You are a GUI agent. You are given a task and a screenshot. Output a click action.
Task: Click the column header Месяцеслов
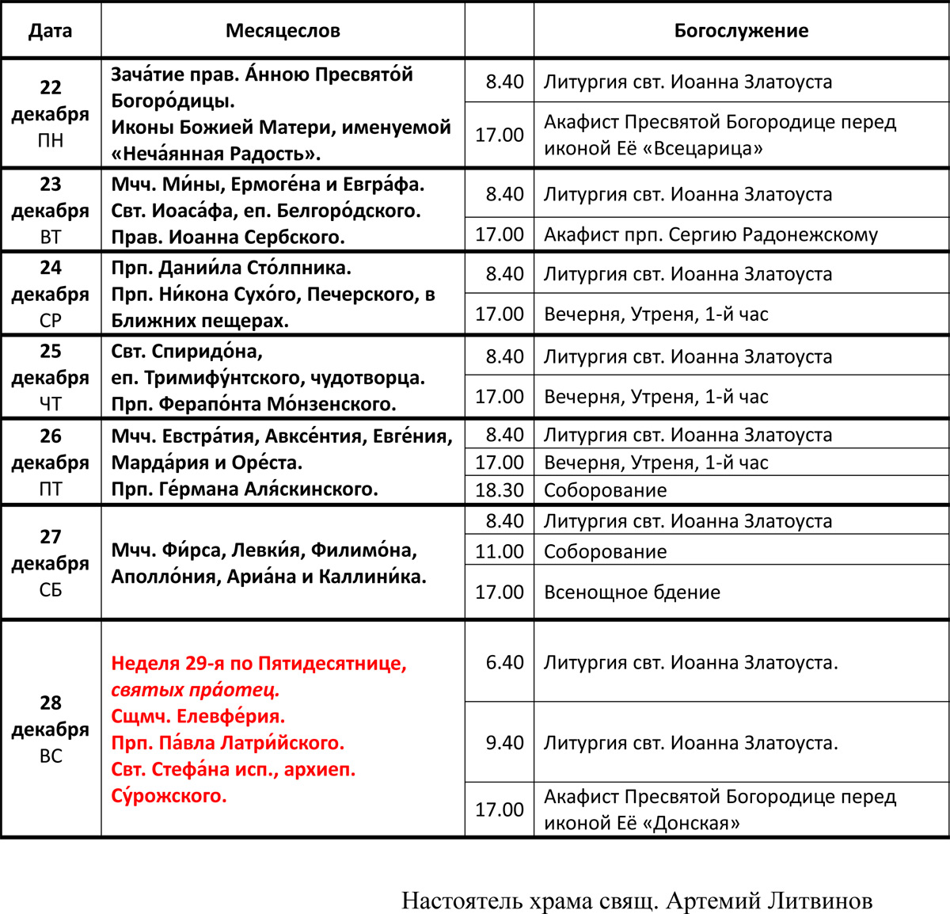283,31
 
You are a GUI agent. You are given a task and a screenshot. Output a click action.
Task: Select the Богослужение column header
741,31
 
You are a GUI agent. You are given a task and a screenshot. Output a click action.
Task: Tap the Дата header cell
51,31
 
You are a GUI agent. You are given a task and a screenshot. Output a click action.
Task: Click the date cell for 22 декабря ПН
51,113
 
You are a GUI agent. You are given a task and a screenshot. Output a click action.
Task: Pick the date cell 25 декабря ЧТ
51,377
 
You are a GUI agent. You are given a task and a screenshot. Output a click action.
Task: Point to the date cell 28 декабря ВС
51,729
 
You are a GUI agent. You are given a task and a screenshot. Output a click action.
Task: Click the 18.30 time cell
500,490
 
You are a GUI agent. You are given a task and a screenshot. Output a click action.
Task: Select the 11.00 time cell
500,551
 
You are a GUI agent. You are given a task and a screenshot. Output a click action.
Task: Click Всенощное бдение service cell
632,592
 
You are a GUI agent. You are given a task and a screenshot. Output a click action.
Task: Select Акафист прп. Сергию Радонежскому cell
710,234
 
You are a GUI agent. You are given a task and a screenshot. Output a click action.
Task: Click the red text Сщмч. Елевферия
198,717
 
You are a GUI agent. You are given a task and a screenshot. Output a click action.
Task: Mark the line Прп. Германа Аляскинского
244,489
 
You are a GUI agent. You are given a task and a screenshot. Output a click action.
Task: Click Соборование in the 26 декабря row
605,490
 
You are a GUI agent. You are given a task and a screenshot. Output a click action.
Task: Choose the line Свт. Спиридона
187,351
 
